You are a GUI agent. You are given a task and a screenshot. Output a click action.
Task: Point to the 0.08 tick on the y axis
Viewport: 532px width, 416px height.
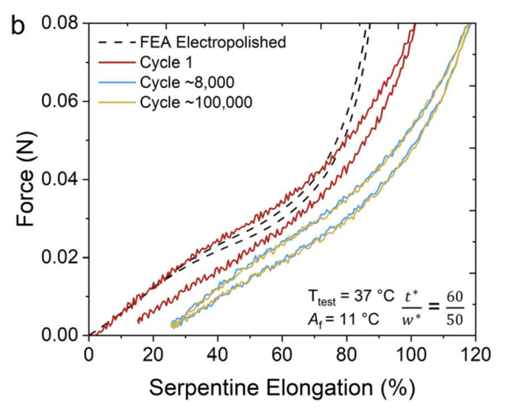point(61,24)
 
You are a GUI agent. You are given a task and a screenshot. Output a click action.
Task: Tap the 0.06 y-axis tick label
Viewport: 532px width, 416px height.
point(61,102)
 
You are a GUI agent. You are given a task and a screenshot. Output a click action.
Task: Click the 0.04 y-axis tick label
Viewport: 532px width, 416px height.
point(61,180)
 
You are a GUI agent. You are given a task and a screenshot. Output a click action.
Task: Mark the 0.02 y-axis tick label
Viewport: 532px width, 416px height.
point(61,257)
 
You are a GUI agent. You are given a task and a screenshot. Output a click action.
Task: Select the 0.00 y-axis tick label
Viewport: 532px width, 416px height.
point(61,336)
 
